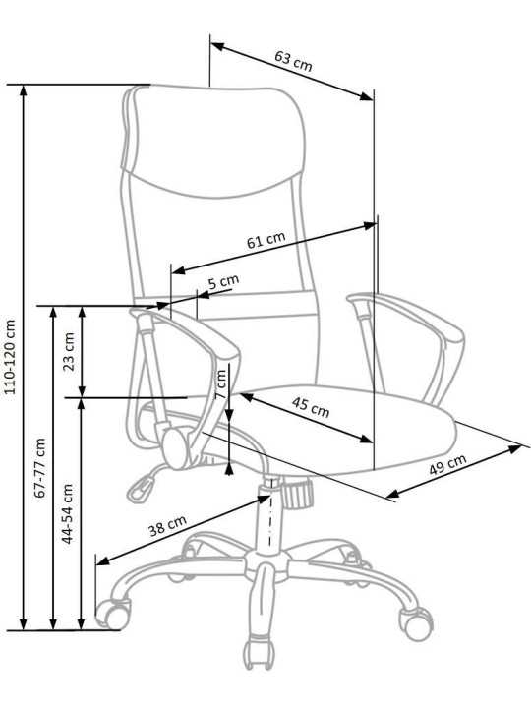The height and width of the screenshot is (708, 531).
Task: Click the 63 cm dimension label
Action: [293, 61]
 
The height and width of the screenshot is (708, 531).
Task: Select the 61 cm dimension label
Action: [265, 240]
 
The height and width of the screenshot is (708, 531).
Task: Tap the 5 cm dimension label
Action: [223, 282]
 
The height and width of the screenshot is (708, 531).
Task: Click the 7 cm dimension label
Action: [220, 383]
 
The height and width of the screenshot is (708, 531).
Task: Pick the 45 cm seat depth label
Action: [310, 407]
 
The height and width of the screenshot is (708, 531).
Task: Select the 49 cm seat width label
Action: [447, 464]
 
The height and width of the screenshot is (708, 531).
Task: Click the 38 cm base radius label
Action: [167, 525]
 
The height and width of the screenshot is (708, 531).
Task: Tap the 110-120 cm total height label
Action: [10, 357]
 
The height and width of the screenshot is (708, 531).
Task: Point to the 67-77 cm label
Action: [40, 468]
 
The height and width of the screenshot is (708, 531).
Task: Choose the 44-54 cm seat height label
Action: [67, 513]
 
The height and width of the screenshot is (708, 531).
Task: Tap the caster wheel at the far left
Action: [111, 614]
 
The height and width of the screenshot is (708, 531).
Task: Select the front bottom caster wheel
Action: [259, 653]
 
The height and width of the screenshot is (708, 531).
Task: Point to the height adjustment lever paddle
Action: [141, 489]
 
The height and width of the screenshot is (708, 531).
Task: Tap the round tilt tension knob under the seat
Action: [298, 494]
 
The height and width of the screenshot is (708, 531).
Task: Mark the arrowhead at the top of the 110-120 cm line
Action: [24, 90]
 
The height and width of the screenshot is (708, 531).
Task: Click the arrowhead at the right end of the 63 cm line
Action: [366, 96]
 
